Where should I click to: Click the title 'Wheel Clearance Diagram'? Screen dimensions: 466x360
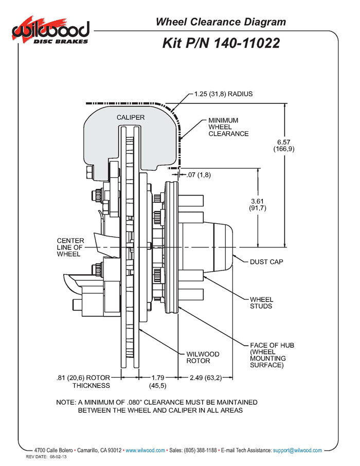[221, 22]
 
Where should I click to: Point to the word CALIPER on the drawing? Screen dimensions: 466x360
[131, 117]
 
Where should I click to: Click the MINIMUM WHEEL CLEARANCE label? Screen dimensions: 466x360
[228, 127]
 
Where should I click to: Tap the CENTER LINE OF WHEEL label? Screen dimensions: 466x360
[71, 247]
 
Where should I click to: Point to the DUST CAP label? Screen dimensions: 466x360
[266, 262]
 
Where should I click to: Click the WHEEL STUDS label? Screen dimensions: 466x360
[261, 302]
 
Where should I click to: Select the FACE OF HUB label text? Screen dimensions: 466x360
[272, 355]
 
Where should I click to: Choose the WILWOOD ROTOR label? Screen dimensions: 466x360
[203, 357]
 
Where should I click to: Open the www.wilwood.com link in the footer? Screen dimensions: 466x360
[146, 450]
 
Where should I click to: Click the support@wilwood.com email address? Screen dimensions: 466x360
[298, 450]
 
